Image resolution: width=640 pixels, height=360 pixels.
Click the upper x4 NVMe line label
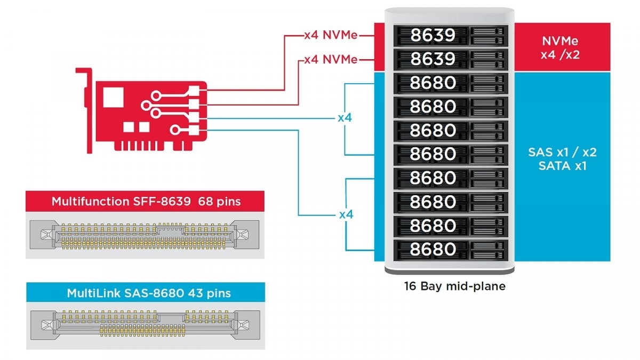pos(331,36)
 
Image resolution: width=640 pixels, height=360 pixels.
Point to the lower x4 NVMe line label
pos(331,59)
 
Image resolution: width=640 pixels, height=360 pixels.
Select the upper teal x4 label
pos(345,117)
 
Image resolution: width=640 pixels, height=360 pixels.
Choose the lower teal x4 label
pos(347,214)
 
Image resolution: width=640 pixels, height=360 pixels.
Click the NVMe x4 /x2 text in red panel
pos(560,48)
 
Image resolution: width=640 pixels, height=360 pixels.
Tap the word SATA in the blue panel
pos(553,166)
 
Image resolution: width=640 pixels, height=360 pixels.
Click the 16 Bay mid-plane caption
pos(454,286)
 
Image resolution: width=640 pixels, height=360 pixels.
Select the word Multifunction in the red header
pos(88,202)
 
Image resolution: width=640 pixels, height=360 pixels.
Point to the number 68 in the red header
pos(206,202)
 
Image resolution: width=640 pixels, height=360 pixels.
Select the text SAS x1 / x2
pos(562,153)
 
